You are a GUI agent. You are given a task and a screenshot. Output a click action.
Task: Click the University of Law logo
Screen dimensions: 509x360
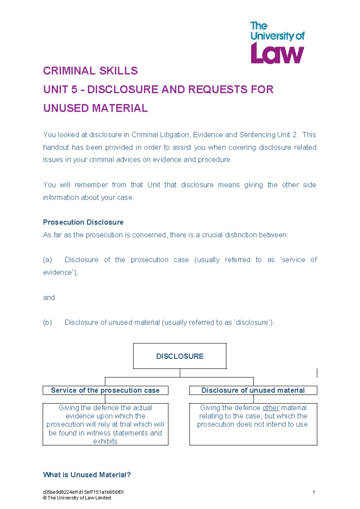277,43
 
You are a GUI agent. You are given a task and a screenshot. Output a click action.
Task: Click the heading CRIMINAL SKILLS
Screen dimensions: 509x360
90,71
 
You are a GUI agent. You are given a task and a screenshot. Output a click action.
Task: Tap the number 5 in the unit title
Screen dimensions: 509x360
74,89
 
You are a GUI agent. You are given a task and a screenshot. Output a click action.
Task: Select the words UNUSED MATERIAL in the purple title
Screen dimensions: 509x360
95,108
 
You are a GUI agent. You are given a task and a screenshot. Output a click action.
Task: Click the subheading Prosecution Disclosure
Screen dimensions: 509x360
83,222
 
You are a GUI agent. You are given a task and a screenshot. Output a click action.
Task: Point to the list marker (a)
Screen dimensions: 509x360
47,260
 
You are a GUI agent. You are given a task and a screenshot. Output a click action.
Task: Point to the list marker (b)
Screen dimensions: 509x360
47,322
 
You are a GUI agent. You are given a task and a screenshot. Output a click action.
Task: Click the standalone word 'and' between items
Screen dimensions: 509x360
49,297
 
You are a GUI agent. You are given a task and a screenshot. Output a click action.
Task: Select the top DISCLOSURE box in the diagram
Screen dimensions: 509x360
180,356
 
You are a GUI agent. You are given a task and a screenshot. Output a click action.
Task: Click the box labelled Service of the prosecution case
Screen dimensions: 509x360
105,390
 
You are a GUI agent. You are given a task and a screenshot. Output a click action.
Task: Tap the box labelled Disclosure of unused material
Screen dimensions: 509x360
253,390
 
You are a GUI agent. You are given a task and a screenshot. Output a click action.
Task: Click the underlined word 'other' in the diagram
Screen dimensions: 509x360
271,408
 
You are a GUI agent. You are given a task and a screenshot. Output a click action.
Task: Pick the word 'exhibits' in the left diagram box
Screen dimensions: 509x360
105,441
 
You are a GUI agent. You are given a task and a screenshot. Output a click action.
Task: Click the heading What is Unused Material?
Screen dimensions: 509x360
87,474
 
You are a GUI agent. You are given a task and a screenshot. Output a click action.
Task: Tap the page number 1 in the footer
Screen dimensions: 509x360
313,492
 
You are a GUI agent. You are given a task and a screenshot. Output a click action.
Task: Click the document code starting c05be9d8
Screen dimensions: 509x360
83,492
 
